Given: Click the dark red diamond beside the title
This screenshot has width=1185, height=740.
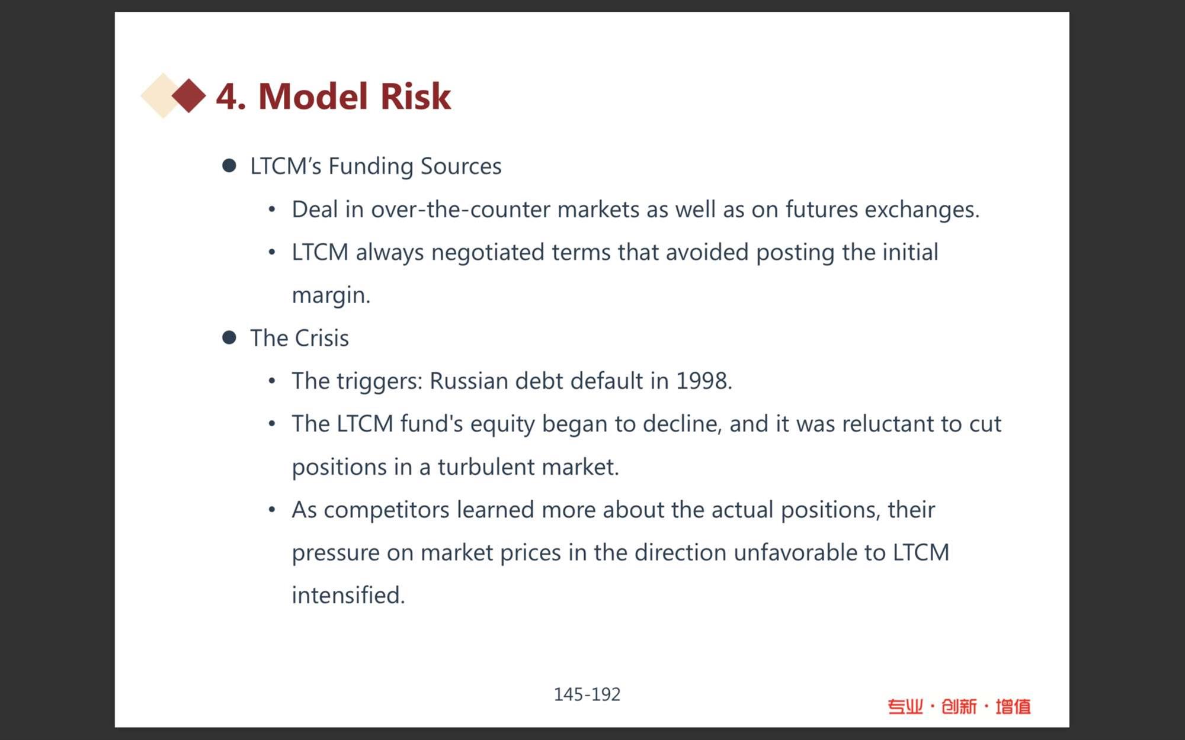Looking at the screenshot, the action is (189, 95).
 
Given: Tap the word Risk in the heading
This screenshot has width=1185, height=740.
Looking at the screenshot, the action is (415, 96).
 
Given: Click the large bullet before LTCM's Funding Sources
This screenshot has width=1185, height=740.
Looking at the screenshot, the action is (229, 165).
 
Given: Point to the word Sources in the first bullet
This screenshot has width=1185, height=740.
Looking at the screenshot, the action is (461, 166).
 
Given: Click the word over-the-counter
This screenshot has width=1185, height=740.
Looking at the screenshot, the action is (460, 210).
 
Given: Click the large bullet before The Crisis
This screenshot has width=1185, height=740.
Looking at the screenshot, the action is (229, 337).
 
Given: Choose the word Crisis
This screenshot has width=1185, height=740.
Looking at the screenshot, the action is (322, 338).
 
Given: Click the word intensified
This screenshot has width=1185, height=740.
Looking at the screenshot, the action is (348, 596).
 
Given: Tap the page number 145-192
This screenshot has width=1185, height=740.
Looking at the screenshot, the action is (587, 694).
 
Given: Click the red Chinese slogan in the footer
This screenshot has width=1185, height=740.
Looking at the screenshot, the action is (959, 706).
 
